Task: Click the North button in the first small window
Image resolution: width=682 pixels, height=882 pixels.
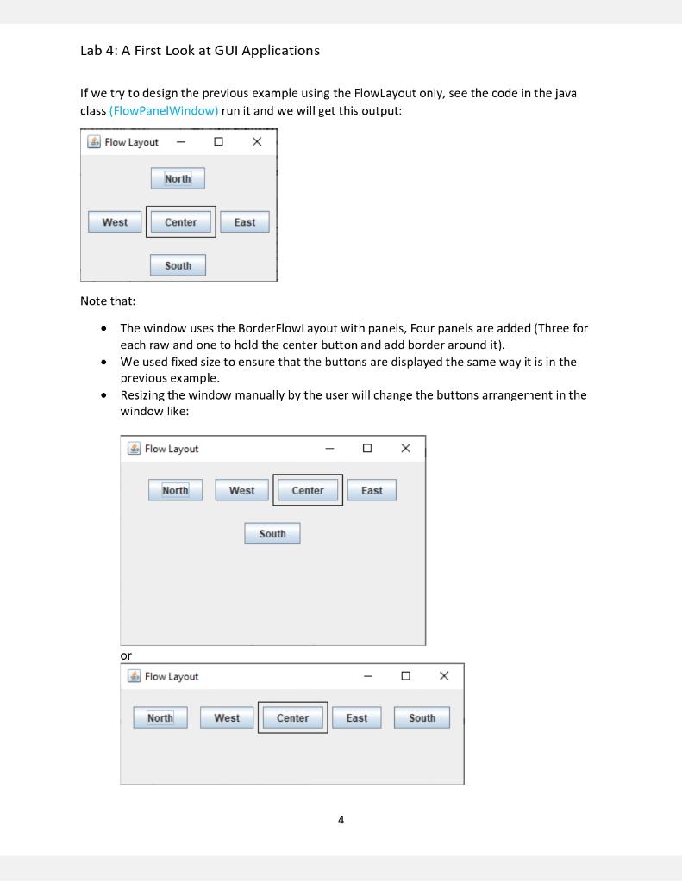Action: pos(178,178)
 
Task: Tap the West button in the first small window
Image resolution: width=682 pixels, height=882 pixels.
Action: pos(115,222)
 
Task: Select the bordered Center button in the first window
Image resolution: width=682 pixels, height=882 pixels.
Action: pos(181,222)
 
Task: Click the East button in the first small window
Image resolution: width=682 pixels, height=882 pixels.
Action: pos(245,222)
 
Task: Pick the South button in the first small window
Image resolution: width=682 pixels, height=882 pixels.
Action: pos(178,265)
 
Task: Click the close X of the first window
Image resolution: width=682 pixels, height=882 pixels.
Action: pos(257,142)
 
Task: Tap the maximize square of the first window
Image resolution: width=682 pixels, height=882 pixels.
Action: pos(219,142)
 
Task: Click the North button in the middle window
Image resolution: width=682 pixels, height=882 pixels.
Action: pos(175,490)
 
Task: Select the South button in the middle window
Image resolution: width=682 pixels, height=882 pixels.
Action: pos(272,534)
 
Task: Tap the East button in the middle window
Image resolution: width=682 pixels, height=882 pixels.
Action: pos(372,490)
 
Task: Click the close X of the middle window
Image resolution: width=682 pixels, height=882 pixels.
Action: pos(406,448)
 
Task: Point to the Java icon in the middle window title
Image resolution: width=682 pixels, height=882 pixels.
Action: pos(134,449)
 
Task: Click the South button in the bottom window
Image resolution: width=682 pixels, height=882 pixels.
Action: pos(422,718)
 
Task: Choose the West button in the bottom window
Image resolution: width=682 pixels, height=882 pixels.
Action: pos(227,718)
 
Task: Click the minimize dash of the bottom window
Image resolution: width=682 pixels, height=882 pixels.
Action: pos(368,676)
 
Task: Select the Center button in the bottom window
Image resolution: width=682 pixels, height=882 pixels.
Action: pos(292,718)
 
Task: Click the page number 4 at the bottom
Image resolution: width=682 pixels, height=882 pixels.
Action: pos(341,820)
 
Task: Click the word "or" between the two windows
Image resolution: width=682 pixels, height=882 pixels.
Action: pos(126,655)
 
